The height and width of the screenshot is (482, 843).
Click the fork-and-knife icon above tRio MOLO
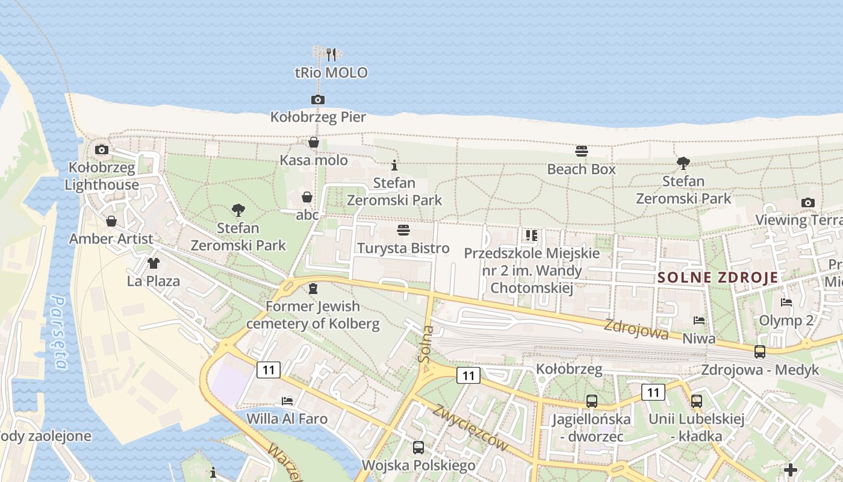[331, 55]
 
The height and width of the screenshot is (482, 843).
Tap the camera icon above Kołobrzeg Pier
[318, 99]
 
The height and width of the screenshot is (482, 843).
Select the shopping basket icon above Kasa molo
[314, 142]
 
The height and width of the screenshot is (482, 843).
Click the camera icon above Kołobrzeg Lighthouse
[102, 149]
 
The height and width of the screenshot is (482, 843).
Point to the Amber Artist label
[111, 239]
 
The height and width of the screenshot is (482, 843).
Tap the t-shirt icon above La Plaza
[153, 263]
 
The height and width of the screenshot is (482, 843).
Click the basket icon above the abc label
[307, 197]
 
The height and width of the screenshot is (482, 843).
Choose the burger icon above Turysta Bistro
[403, 230]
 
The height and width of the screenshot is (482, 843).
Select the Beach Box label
[581, 169]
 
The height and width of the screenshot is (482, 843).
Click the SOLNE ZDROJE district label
[718, 278]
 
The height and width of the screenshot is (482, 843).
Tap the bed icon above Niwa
[698, 321]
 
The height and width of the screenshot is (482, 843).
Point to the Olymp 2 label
[786, 320]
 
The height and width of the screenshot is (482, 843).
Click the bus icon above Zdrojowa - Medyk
[760, 351]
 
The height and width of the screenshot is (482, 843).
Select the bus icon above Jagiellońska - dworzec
[591, 401]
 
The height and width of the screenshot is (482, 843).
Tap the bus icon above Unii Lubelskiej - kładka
[696, 401]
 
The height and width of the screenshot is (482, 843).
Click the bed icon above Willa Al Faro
[287, 401]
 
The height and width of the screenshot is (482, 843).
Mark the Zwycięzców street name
[470, 427]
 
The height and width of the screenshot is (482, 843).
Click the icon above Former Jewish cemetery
[313, 289]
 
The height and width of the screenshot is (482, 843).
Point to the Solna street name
[426, 344]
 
